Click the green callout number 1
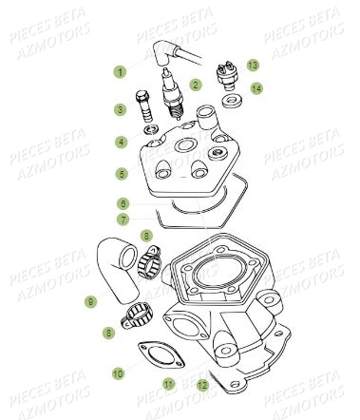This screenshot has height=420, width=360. click(x=121, y=71)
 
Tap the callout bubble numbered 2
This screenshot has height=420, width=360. click(x=196, y=85)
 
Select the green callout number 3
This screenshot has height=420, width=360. click(x=121, y=110)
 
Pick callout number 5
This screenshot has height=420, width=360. click(x=121, y=174)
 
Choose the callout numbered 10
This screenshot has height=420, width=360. click(x=121, y=373)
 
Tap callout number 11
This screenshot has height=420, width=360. click(x=168, y=384)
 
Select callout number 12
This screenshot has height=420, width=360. click(x=201, y=384)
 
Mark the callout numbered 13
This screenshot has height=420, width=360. click(x=253, y=65)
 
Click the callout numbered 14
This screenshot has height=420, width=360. click(x=257, y=88)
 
